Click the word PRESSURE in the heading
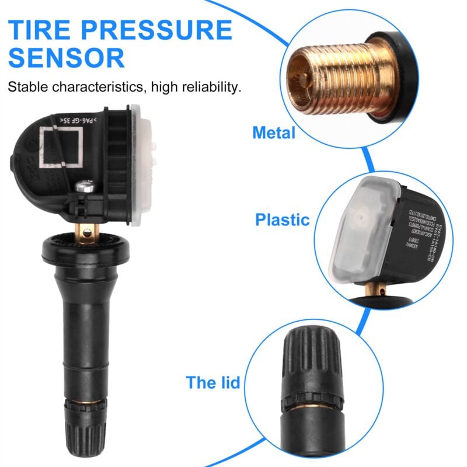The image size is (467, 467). (168, 30)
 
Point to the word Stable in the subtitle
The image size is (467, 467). (27, 88)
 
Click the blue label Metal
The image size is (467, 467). (274, 133)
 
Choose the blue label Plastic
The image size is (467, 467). (282, 220)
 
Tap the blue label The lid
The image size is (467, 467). (213, 383)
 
